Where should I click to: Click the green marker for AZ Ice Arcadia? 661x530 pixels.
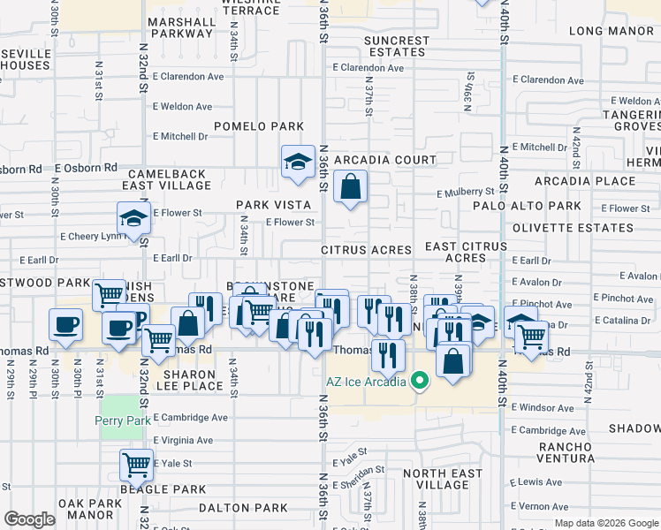click(421, 382)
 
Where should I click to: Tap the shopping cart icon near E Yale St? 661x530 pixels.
click(136, 464)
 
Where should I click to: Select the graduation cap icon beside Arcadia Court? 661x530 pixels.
click(298, 161)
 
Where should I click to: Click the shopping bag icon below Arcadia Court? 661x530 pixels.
click(351, 186)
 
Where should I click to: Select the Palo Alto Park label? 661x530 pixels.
click(538, 206)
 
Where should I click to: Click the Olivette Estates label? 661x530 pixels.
click(559, 228)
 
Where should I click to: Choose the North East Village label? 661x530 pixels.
click(443, 480)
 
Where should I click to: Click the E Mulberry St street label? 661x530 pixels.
click(465, 192)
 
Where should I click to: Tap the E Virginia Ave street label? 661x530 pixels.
click(183, 440)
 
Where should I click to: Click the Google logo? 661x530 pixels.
click(30, 519)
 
